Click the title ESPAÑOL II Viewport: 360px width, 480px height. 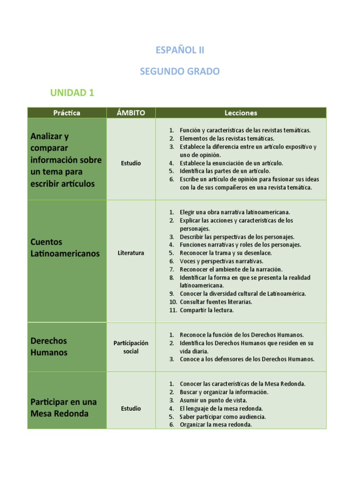(180, 50)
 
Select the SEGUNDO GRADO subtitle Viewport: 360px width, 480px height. (180, 72)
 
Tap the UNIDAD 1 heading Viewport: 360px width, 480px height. (72, 93)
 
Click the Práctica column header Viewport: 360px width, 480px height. (67, 113)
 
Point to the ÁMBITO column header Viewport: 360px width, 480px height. (131, 113)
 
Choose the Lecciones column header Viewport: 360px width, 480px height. (241, 113)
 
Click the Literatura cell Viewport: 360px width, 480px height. (131, 253)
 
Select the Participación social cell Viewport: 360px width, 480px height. (131, 347)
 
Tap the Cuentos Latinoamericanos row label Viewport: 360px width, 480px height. (65, 247)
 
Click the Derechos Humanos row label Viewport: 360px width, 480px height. (49, 346)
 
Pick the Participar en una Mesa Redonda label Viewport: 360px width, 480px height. (63, 408)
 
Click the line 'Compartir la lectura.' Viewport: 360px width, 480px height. (206, 310)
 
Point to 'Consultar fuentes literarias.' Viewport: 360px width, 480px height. (216, 302)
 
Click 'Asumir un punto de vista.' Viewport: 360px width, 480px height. (213, 400)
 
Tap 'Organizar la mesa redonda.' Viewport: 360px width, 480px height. (216, 425)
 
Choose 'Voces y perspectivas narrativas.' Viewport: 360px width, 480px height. (221, 261)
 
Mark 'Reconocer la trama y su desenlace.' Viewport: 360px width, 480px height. (225, 253)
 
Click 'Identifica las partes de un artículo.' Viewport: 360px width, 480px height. (225, 171)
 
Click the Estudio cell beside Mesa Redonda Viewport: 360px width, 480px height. (131, 409)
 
